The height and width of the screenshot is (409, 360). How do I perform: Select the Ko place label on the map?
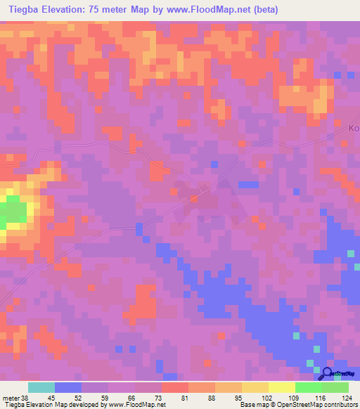click(354, 129)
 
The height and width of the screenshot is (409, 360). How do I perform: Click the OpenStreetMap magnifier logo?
click(326, 372)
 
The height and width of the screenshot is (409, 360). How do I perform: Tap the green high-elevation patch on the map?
click(13, 214)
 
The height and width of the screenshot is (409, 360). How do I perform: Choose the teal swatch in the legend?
click(41, 387)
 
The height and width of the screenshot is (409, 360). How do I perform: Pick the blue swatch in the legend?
click(68, 387)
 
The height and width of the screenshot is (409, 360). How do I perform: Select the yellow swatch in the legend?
click(282, 387)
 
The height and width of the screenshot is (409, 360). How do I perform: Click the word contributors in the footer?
click(339, 405)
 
